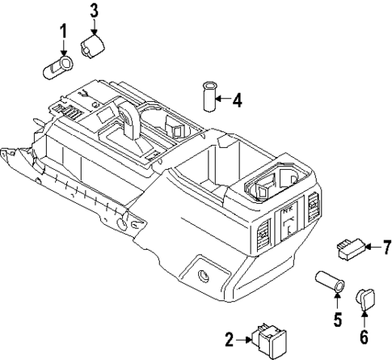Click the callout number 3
pos(95,11)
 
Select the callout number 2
pos(229,338)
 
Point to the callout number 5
pos(336,316)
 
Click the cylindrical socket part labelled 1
pos(57,65)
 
